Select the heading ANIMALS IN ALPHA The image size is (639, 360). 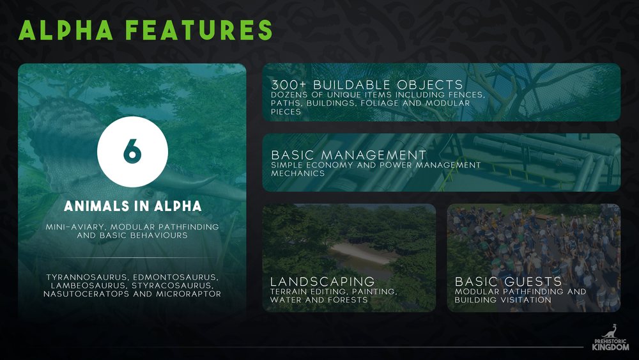pyautogui.click(x=132, y=206)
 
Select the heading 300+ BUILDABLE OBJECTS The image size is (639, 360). pyautogui.click(x=367, y=85)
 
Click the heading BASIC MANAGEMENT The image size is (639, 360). pyautogui.click(x=349, y=155)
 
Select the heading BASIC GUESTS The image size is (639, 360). pyautogui.click(x=508, y=281)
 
